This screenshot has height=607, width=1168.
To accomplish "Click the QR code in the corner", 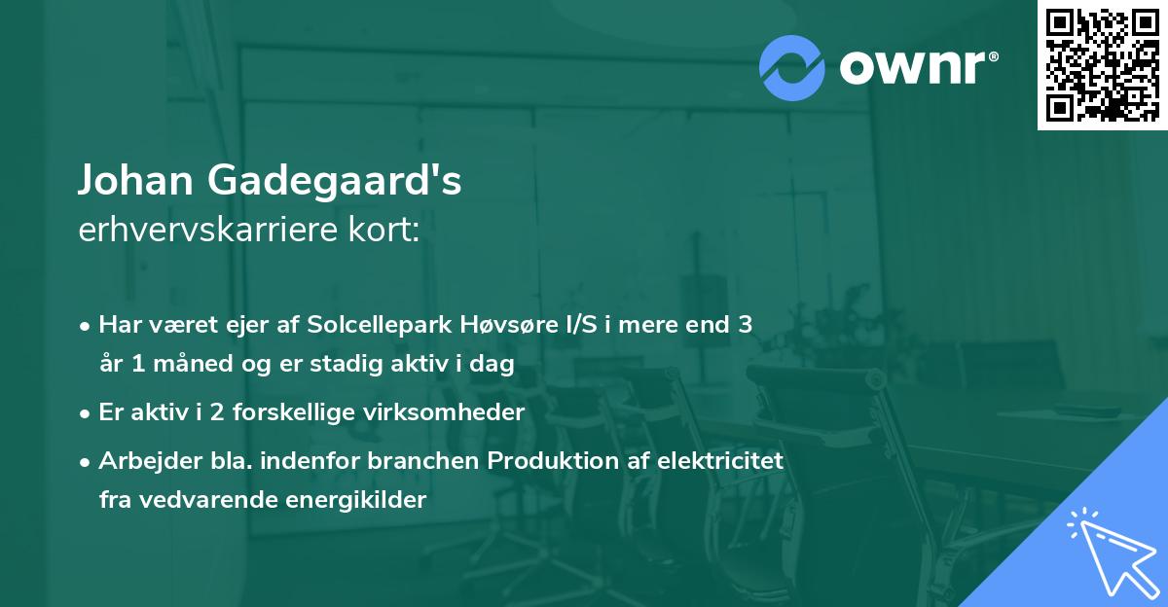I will click(1102, 65).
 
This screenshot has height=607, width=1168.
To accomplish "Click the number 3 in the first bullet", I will click(745, 325).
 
